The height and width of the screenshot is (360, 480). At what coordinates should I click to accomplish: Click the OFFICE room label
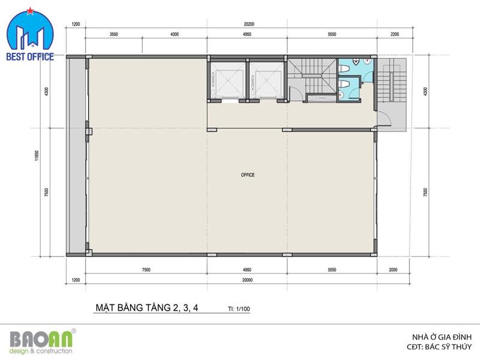tap(248, 175)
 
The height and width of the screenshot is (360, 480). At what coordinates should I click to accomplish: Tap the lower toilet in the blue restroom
tap(344, 84)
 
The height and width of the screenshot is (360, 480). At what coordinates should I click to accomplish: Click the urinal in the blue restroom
tap(356, 62)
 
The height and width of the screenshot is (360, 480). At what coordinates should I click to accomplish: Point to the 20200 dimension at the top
tap(249, 24)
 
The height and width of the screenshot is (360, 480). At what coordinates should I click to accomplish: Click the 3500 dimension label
tap(113, 34)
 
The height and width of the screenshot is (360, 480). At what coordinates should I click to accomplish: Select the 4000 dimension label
tap(175, 34)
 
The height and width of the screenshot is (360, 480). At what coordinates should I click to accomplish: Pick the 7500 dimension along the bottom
tap(146, 269)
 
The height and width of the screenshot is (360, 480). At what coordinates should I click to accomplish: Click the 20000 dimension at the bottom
tap(247, 280)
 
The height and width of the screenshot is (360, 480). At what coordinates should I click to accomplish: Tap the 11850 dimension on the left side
tap(37, 155)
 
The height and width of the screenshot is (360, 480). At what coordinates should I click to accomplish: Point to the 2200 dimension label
tap(395, 34)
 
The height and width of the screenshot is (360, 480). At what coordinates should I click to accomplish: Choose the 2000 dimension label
tap(393, 269)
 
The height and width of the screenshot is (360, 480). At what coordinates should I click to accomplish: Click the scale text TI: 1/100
tap(239, 308)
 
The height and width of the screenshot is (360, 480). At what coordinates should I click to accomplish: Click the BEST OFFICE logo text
tap(30, 56)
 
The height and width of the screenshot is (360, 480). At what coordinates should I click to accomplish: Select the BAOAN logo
tap(41, 341)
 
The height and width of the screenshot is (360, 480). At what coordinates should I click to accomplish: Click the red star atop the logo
tap(30, 11)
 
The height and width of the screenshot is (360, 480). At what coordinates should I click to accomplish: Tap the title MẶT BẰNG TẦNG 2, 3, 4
tap(147, 307)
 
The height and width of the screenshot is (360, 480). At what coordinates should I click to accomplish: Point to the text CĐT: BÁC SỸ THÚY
tap(439, 347)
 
